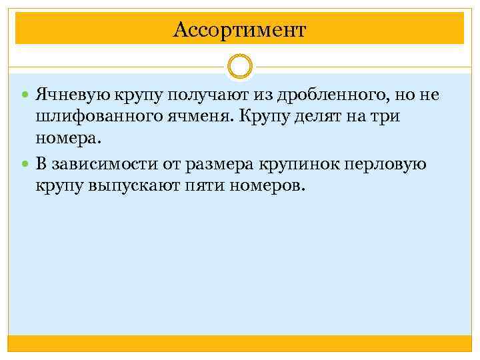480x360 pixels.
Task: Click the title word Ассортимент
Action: [239, 30]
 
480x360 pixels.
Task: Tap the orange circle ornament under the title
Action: [240, 67]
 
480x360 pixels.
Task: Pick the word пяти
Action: [203, 187]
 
